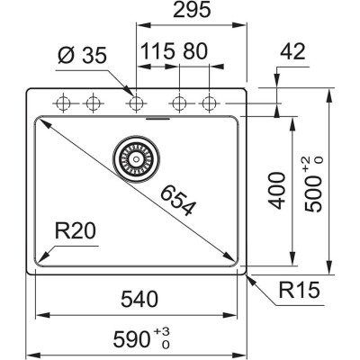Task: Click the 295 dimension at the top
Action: (193, 12)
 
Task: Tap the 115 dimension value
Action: (157, 51)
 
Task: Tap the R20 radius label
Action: (72, 233)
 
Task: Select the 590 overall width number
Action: (132, 339)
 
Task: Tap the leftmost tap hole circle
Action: (64, 102)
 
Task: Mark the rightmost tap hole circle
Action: (209, 102)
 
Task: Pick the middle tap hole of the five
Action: (137, 102)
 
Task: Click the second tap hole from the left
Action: (91, 102)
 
